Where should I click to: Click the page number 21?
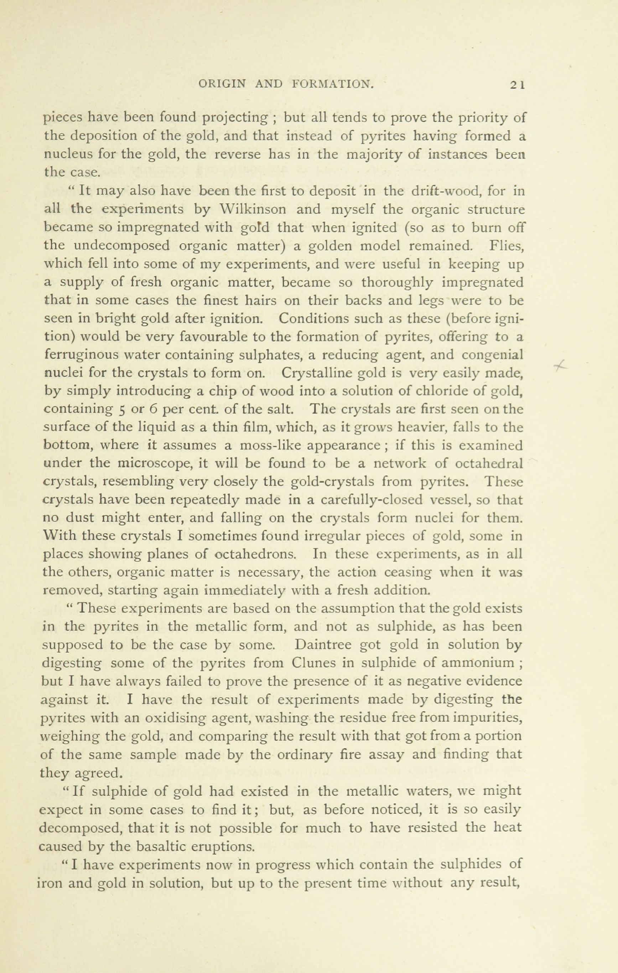click(517, 84)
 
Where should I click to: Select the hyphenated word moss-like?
click(272, 445)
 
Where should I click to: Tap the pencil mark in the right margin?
click(560, 365)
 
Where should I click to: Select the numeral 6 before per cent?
click(153, 409)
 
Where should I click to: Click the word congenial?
click(492, 355)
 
